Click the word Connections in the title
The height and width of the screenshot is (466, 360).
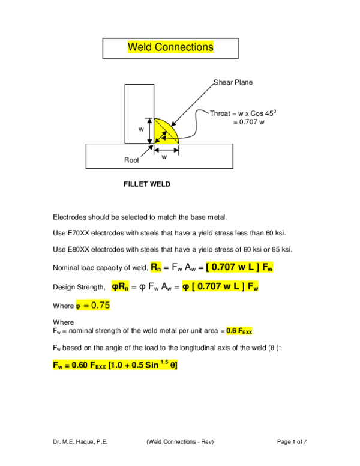(184, 47)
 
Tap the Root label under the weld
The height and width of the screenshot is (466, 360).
(131, 160)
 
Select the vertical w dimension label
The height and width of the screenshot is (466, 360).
(142, 129)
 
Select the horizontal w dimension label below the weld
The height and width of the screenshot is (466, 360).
(164, 157)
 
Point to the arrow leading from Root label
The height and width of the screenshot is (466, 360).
(146, 150)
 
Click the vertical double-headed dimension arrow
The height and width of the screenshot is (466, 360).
(149, 131)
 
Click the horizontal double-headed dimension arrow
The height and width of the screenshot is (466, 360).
(166, 150)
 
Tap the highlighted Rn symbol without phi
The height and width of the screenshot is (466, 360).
(155, 267)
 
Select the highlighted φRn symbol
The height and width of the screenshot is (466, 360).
(120, 287)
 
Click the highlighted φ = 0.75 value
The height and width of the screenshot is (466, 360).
(93, 306)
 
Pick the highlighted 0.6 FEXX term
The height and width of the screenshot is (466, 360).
(239, 331)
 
